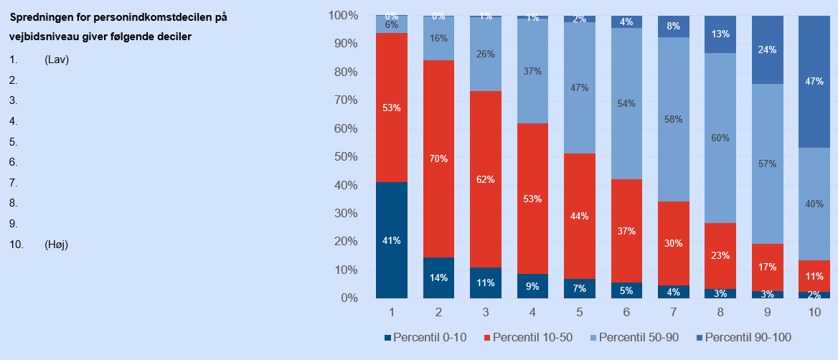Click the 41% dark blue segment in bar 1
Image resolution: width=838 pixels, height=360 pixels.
(x=392, y=240)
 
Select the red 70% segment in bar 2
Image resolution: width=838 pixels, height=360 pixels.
(x=438, y=158)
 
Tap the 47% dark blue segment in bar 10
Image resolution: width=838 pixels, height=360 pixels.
(x=814, y=82)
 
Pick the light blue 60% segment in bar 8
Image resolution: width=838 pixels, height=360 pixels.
(x=720, y=138)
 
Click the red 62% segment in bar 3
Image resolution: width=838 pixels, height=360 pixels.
(x=486, y=179)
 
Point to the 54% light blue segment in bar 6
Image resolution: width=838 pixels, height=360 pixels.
(x=626, y=103)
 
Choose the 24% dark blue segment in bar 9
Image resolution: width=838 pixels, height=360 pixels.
(x=768, y=50)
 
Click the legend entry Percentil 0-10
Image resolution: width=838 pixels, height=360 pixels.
(x=426, y=337)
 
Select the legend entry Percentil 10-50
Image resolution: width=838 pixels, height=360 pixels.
(x=531, y=337)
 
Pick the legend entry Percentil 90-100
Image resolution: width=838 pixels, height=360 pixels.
(x=747, y=337)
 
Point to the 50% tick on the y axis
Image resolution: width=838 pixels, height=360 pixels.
(x=344, y=157)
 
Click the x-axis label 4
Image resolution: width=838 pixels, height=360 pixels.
(x=532, y=313)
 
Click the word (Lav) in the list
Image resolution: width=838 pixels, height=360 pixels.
(x=57, y=60)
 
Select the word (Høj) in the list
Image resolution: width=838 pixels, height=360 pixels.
(x=57, y=245)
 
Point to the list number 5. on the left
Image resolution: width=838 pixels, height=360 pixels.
(x=13, y=142)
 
